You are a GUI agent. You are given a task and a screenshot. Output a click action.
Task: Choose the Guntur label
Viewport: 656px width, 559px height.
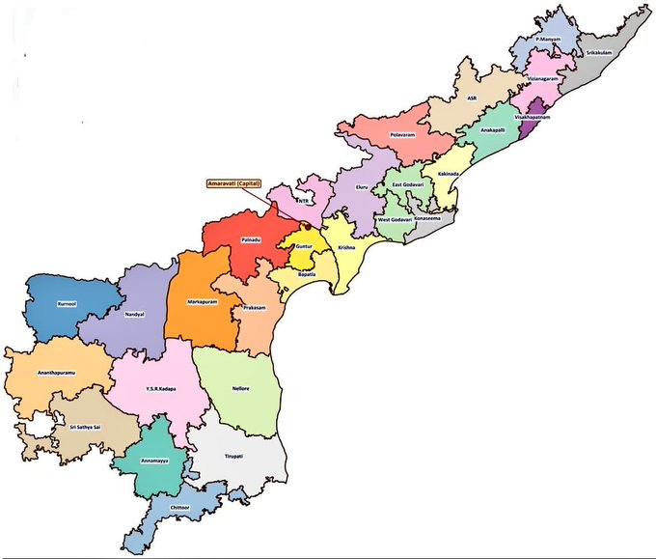(303, 247)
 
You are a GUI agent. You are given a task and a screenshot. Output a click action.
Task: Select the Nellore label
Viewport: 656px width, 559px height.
(240, 388)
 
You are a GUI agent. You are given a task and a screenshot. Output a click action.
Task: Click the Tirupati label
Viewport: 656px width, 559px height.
(234, 454)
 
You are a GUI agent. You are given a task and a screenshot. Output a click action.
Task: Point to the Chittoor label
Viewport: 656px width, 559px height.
(179, 506)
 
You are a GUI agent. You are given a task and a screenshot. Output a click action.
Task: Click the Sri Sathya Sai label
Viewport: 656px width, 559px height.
(76, 425)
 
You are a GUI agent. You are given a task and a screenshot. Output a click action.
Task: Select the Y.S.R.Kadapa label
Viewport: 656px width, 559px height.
(160, 389)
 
